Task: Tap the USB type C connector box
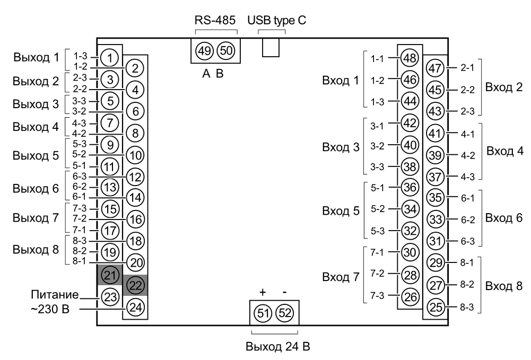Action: tap(271, 48)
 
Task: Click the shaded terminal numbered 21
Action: tap(109, 275)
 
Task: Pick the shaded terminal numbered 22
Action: tap(135, 285)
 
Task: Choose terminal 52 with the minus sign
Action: tap(285, 313)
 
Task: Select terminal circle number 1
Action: tap(109, 56)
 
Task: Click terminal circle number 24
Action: tap(135, 306)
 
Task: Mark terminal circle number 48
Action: tap(410, 57)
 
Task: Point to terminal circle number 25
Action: tap(435, 307)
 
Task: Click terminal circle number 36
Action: tap(410, 187)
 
